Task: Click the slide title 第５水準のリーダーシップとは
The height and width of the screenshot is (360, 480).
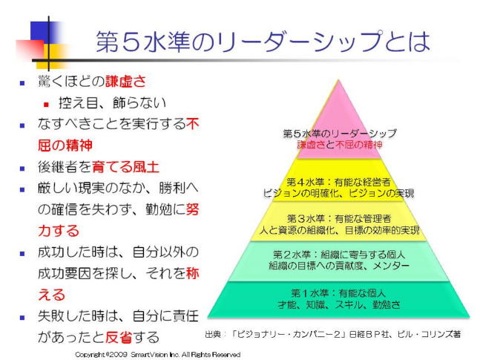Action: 262,41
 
